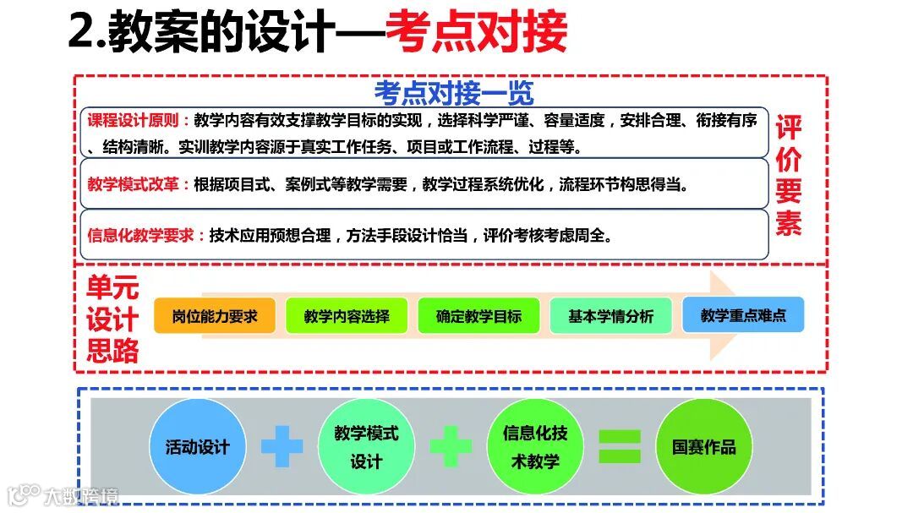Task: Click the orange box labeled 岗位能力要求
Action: click(215, 316)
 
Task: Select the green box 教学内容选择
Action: click(347, 316)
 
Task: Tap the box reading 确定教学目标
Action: click(478, 316)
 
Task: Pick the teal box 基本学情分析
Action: click(610, 316)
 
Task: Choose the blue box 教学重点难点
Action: click(743, 315)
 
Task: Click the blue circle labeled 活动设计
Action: click(197, 447)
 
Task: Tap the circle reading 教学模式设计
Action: click(366, 447)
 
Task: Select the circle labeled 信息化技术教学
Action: click(535, 447)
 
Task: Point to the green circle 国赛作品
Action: click(704, 447)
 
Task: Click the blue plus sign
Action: click(282, 446)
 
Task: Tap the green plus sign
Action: click(451, 446)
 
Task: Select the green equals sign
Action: click(620, 446)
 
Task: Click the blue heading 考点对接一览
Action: click(454, 92)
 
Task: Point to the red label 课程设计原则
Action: click(139, 120)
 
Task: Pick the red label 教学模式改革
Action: click(139, 183)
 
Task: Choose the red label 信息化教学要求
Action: click(146, 236)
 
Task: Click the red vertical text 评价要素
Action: click(788, 175)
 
